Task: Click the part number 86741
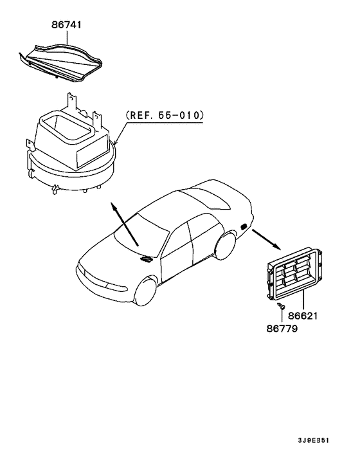pyautogui.click(x=67, y=25)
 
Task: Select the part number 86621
pyautogui.click(x=303, y=316)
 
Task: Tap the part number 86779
pyautogui.click(x=282, y=329)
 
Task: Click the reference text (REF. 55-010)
pyautogui.click(x=165, y=115)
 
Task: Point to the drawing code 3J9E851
pyautogui.click(x=314, y=440)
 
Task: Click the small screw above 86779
pyautogui.click(x=281, y=305)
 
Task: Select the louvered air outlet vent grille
pyautogui.click(x=294, y=273)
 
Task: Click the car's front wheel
pyautogui.click(x=146, y=291)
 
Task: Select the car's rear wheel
pyautogui.click(x=226, y=246)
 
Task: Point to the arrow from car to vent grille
pyautogui.click(x=267, y=239)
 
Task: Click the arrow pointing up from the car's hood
pyautogui.click(x=125, y=224)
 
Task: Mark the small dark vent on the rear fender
pyautogui.click(x=244, y=226)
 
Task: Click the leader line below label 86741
pyautogui.click(x=67, y=37)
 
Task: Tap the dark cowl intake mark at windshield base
pyautogui.click(x=146, y=259)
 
